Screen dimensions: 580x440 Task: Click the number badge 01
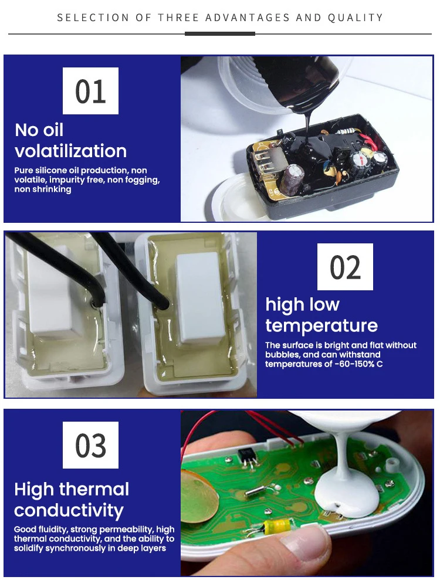point(90,91)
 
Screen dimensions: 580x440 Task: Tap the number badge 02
point(345,267)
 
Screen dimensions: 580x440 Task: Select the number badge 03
point(90,445)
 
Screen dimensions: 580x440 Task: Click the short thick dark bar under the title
point(220,33)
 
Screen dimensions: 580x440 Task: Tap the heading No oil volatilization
point(70,140)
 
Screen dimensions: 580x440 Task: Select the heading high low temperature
point(321,315)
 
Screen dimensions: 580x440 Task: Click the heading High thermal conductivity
point(72,499)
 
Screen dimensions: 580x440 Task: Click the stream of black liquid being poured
point(307,126)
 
